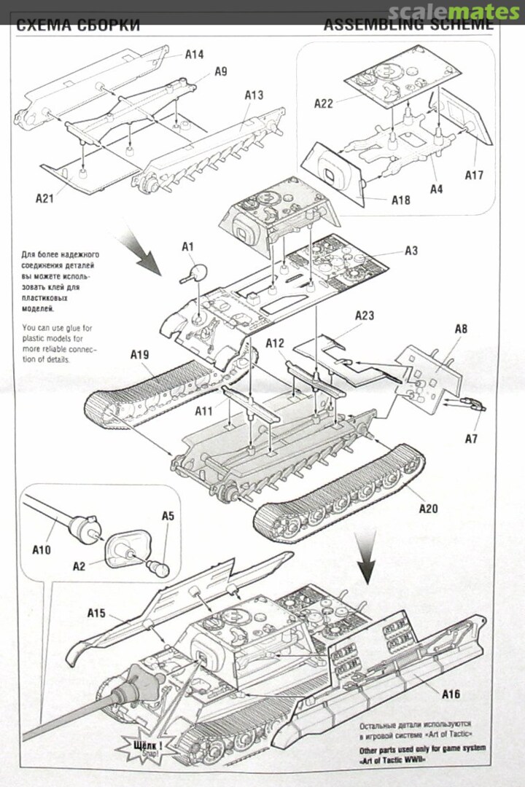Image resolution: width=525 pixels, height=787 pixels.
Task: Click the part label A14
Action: coord(194,54)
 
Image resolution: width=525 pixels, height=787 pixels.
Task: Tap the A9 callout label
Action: coord(220,71)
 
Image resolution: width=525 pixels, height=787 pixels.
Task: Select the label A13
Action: coord(254,95)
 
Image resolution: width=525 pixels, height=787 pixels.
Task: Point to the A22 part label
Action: coord(324,103)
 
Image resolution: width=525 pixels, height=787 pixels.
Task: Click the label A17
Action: coord(475,175)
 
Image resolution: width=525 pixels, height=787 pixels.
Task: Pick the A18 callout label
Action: coord(400,200)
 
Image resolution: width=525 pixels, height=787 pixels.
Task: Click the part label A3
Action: coord(411,251)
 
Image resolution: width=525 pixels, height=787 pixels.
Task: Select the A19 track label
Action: coord(140,355)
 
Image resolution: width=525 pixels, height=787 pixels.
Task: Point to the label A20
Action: coord(428,509)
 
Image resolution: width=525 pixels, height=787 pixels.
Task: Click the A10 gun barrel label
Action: coord(42,549)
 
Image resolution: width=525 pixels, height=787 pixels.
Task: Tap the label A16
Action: coord(451,694)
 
